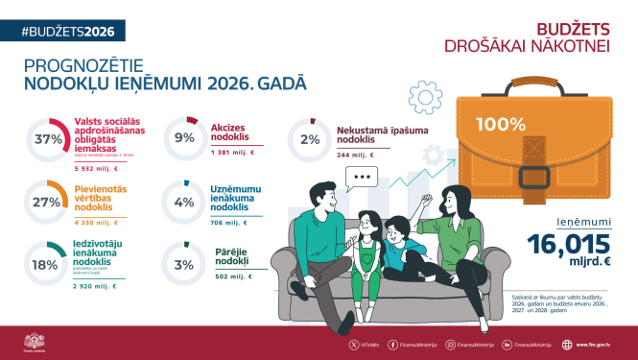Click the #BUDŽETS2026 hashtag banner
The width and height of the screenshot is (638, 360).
click(64, 31)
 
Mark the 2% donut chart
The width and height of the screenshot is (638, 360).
click(309, 139)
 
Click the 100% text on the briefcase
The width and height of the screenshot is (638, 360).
click(500, 124)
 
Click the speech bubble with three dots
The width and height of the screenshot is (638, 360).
click(362, 178)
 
